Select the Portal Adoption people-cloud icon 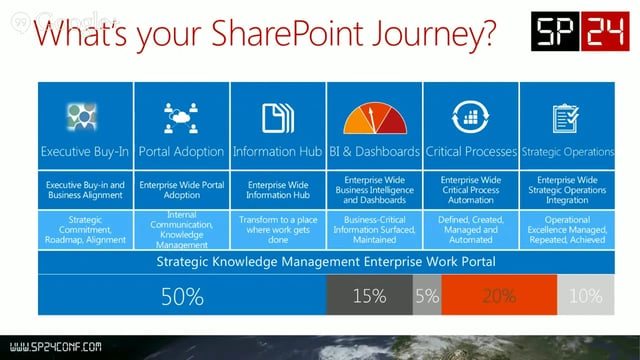click(181, 117)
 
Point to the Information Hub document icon click(277, 117)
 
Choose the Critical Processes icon click(469, 117)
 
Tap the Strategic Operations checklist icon click(566, 117)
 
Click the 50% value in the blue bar click(183, 297)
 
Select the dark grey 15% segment click(368, 297)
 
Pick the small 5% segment click(425, 297)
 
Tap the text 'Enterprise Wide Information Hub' click(277, 190)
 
